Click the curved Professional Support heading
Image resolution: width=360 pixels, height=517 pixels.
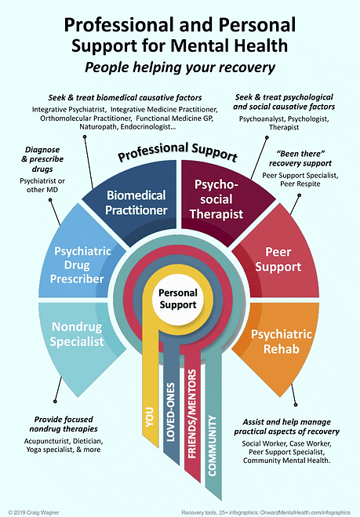(179, 148)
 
